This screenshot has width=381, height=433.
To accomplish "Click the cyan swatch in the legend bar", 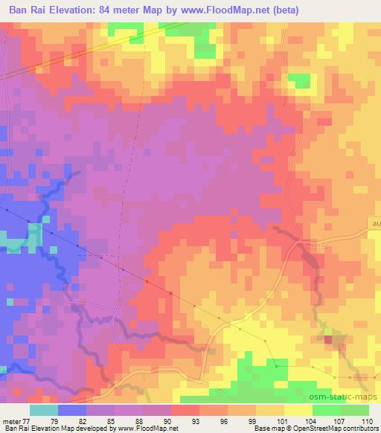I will tap(43, 410).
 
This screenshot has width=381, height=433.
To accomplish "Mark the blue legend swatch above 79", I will tap(71, 410).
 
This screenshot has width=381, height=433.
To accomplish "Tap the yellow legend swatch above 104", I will tap(298, 410).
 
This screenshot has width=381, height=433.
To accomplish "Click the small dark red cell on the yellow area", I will tap(328, 339).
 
